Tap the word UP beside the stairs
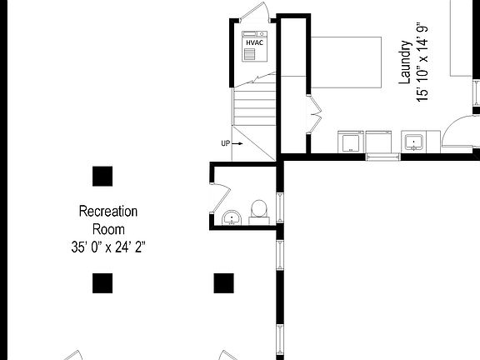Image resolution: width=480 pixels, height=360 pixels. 225,143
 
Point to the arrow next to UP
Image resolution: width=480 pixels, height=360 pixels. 237,143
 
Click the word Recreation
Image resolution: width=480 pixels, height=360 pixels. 107,212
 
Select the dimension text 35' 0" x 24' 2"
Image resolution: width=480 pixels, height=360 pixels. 108,247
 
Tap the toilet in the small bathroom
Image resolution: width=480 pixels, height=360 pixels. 258,208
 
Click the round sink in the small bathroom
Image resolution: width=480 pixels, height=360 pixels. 231,218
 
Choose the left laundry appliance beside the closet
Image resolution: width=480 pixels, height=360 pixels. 350,142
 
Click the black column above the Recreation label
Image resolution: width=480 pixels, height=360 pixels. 102,176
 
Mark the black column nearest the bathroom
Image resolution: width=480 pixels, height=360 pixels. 223,283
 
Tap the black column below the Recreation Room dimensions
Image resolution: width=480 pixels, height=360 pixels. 102,283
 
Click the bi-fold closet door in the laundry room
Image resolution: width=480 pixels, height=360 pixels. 313,114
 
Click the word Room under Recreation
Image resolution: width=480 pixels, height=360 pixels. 108,229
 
